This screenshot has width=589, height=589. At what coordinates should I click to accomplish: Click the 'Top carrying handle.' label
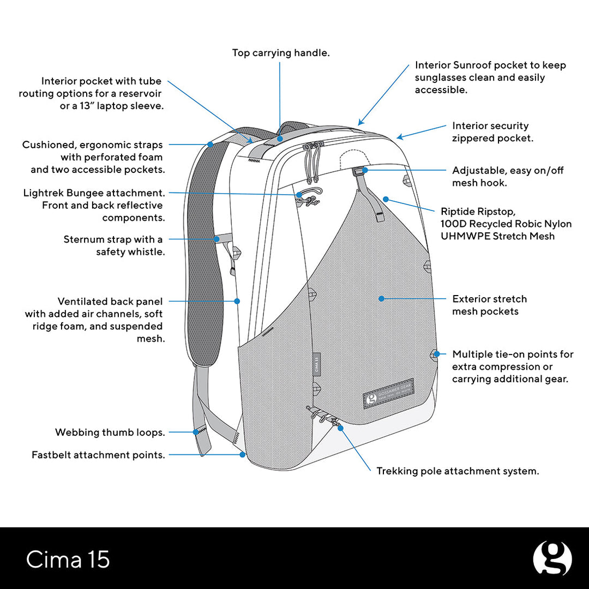pyautogui.click(x=281, y=53)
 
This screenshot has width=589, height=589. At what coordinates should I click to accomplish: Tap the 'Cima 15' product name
pyautogui.click(x=68, y=560)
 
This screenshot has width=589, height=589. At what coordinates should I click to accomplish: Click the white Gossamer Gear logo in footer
pyautogui.click(x=552, y=558)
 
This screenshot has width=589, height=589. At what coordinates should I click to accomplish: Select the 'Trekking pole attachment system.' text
pyautogui.click(x=458, y=471)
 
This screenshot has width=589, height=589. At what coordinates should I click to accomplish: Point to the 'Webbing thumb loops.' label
pyautogui.click(x=110, y=432)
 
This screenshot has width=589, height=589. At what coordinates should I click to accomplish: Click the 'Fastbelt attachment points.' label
pyautogui.click(x=98, y=455)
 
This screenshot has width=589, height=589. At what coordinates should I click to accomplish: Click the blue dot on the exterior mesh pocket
pyautogui.click(x=382, y=299)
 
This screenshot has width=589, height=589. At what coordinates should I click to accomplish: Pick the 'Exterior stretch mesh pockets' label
pyautogui.click(x=489, y=305)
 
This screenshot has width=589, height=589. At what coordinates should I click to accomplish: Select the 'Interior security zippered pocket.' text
pyautogui.click(x=492, y=132)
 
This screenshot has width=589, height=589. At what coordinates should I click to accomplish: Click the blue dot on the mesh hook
pyautogui.click(x=365, y=170)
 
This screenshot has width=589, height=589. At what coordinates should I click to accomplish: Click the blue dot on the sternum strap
pyautogui.click(x=217, y=239)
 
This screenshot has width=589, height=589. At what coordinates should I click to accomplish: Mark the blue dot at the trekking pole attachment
pyautogui.click(x=340, y=428)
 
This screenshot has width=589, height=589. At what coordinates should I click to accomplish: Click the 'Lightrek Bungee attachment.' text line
pyautogui.click(x=94, y=193)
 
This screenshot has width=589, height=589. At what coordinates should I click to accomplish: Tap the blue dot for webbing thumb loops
pyautogui.click(x=196, y=432)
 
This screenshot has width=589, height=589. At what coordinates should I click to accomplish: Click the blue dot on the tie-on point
pyautogui.click(x=436, y=354)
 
